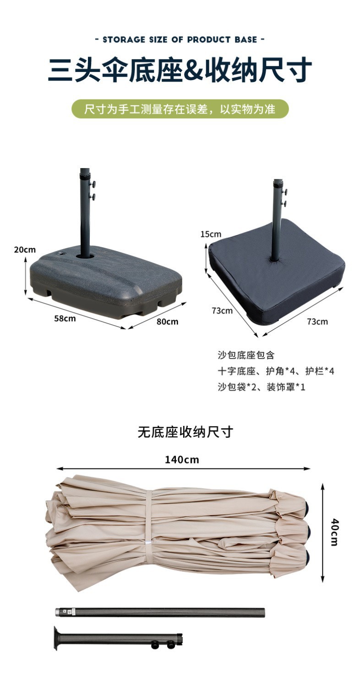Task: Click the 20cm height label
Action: click(x=25, y=250)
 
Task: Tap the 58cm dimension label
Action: click(x=65, y=319)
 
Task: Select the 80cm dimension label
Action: click(x=167, y=321)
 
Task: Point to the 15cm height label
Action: click(x=211, y=234)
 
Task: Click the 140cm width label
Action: click(x=182, y=460)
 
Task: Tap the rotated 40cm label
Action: click(x=334, y=532)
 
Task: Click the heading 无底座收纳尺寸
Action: click(x=185, y=432)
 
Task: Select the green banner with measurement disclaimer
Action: click(x=180, y=109)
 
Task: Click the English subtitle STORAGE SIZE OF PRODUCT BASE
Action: click(x=180, y=39)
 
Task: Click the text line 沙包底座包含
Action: click(x=246, y=355)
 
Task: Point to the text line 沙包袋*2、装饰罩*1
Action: click(x=262, y=387)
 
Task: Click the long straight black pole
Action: click(x=160, y=613)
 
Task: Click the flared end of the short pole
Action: click(x=57, y=638)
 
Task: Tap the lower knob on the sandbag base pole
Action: click(x=285, y=203)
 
